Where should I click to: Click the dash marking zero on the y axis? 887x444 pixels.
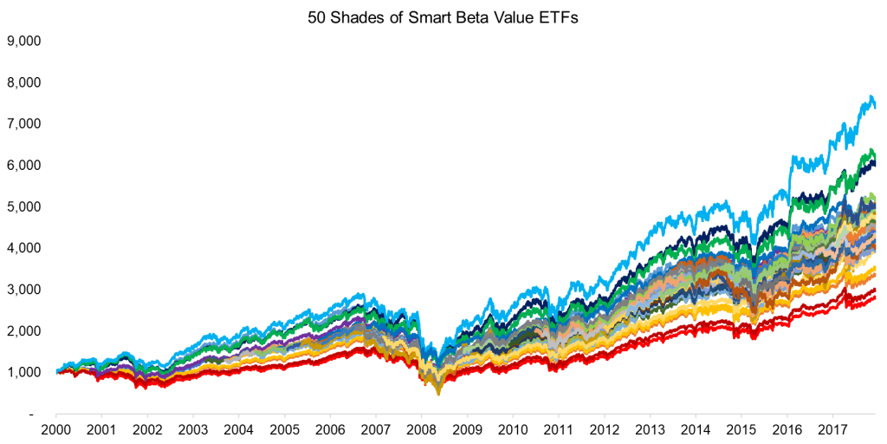tap(33, 415)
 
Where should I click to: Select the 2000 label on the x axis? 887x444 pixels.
tap(56, 428)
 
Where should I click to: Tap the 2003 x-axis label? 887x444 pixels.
tap(192, 428)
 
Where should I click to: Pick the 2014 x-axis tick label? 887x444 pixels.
tap(694, 428)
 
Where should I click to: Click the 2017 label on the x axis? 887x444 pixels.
tap(831, 428)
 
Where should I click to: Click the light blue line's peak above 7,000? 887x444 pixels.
tap(868, 97)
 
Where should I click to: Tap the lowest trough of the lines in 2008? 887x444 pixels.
tap(438, 394)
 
